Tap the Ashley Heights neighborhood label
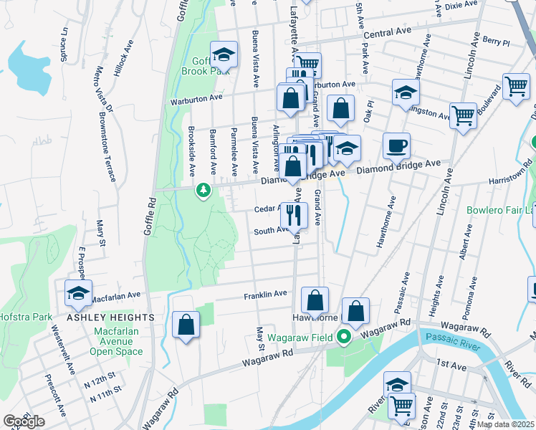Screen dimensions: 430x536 111,317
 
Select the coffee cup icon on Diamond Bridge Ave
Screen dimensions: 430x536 396,147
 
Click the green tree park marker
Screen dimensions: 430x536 204,191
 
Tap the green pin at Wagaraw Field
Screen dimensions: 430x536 344,336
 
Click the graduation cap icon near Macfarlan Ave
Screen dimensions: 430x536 78,292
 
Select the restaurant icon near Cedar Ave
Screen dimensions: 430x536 294,214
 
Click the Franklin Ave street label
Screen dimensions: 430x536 265,294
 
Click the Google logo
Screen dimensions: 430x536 24,421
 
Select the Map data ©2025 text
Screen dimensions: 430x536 504,424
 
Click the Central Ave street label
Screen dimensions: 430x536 390,34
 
